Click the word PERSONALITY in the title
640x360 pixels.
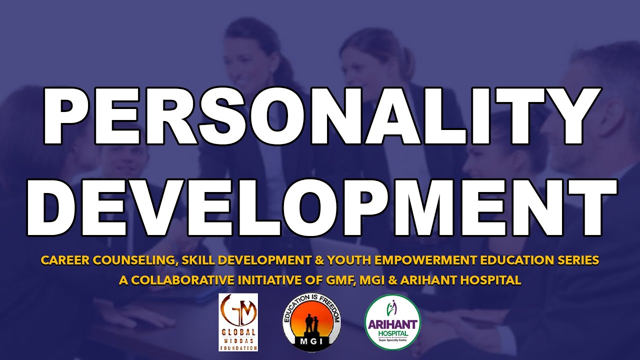[x=320, y=116]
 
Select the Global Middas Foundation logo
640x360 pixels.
[x=238, y=322]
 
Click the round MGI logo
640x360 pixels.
[x=311, y=323]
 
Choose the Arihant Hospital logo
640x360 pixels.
[x=392, y=322]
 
